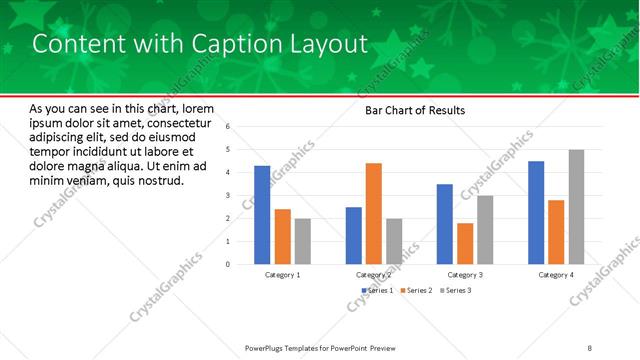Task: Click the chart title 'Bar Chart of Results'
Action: point(414,110)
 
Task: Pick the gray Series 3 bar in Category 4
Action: point(577,207)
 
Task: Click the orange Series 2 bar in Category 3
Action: point(465,243)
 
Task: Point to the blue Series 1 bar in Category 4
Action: point(536,212)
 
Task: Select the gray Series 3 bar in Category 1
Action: point(303,241)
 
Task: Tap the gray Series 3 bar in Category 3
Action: point(485,229)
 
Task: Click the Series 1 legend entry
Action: point(377,290)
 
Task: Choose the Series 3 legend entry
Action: point(455,290)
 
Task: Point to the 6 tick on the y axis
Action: point(229,127)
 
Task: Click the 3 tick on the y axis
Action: point(229,196)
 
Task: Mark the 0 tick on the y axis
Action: point(229,264)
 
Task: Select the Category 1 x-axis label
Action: point(282,274)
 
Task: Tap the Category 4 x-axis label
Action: point(556,274)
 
